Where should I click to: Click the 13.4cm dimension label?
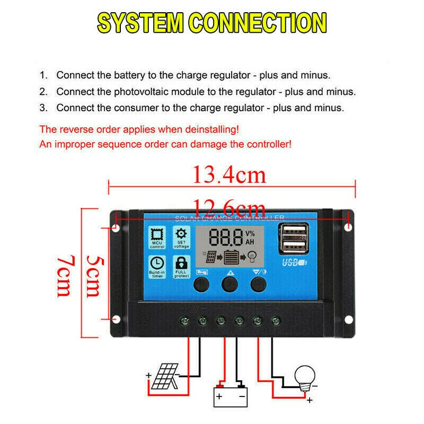point(229,174)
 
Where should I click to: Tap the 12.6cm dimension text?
point(229,206)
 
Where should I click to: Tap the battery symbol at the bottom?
point(230,394)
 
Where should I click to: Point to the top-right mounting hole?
point(348,227)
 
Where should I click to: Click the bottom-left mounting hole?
point(117,320)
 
